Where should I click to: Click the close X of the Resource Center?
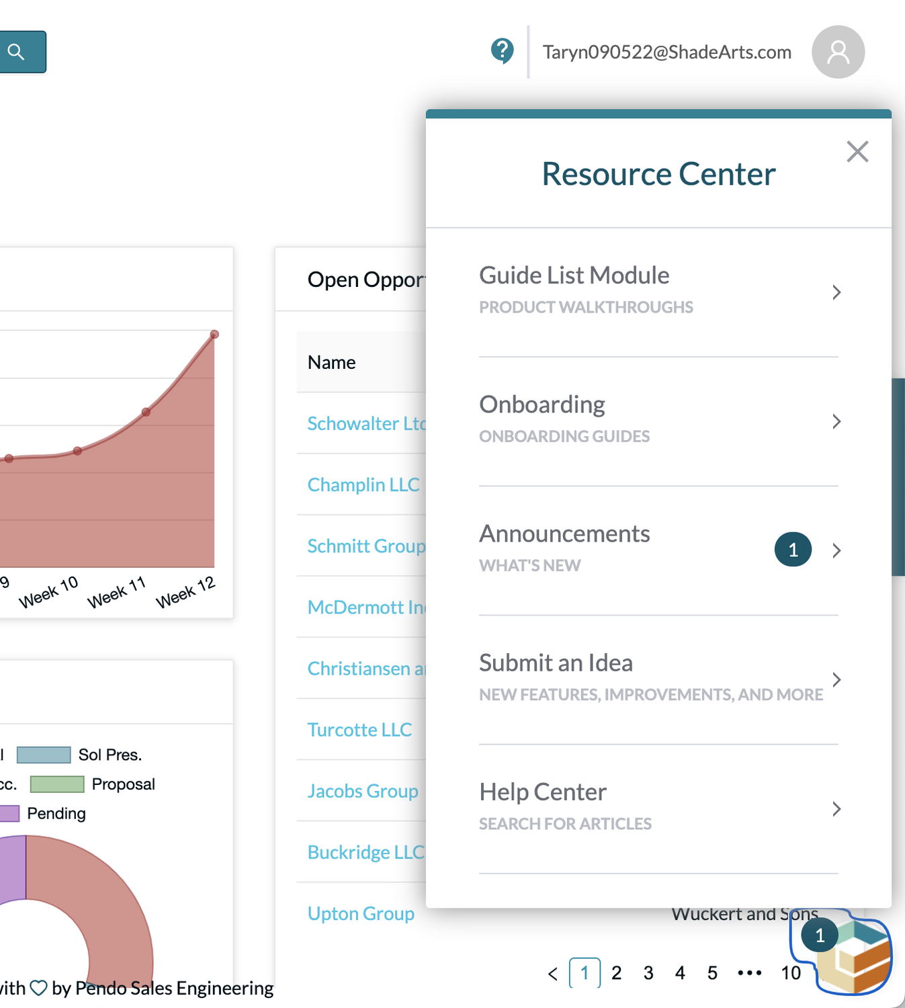pyautogui.click(x=857, y=152)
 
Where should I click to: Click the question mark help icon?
pyautogui.click(x=502, y=50)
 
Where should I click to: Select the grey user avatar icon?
pyautogui.click(x=838, y=52)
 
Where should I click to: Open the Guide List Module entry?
pyautogui.click(x=574, y=276)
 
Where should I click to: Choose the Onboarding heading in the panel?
pyautogui.click(x=542, y=405)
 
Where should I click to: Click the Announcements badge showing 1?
pyautogui.click(x=793, y=550)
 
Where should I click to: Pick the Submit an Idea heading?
pyautogui.click(x=556, y=663)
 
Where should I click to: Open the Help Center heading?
pyautogui.click(x=542, y=792)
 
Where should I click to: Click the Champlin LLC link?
pyautogui.click(x=363, y=485)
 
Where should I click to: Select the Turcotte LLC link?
pyautogui.click(x=359, y=730)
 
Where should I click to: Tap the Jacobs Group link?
pyautogui.click(x=362, y=791)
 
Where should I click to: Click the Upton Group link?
pyautogui.click(x=361, y=913)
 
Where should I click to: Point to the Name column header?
pyautogui.click(x=331, y=362)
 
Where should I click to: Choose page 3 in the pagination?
pyautogui.click(x=648, y=972)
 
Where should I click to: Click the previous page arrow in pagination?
pyautogui.click(x=552, y=973)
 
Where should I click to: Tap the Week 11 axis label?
pyautogui.click(x=116, y=592)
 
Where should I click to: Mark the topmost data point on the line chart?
pyautogui.click(x=214, y=334)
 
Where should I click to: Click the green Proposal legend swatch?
pyautogui.click(x=57, y=784)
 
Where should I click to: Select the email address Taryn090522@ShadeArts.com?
pyautogui.click(x=666, y=52)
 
